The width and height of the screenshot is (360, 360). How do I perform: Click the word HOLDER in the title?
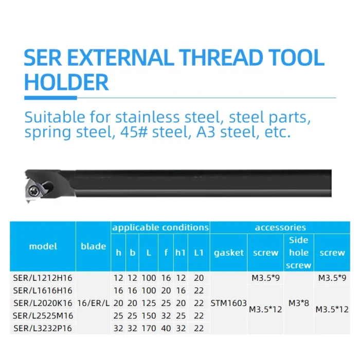[66, 82]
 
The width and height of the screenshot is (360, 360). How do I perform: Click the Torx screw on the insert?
[31, 190]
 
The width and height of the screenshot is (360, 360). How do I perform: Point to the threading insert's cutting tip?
[28, 202]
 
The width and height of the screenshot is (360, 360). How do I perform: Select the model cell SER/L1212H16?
[43, 278]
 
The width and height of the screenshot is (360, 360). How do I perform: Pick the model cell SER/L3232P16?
[43, 328]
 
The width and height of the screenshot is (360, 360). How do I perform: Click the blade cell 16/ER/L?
[93, 303]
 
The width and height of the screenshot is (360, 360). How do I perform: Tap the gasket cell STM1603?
[229, 303]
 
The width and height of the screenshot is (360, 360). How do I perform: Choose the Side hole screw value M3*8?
[299, 303]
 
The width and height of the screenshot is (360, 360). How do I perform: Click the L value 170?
[149, 328]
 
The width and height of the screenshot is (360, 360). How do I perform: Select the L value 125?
[149, 303]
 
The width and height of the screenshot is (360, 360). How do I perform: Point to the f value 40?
[166, 328]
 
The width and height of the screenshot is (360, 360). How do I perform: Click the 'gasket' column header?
[229, 253]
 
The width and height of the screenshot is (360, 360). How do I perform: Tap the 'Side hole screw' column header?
[299, 253]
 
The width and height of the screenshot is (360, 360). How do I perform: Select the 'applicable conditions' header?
[160, 227]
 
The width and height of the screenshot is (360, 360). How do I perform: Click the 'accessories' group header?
[280, 227]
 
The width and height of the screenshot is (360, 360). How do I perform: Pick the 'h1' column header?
[181, 253]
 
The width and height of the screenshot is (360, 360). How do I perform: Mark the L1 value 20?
[199, 278]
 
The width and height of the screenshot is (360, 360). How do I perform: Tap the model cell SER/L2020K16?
[43, 303]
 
